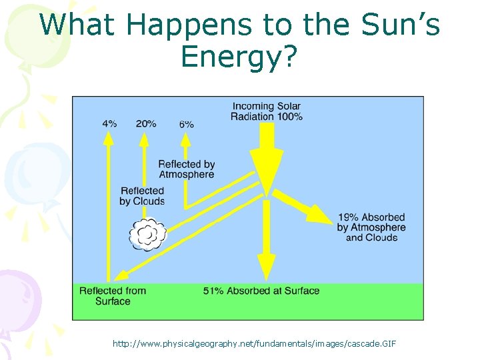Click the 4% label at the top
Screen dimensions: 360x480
[x=109, y=123]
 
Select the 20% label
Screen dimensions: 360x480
[x=146, y=123]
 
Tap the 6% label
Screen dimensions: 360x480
[x=186, y=124]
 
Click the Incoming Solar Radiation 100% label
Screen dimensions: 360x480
[x=267, y=111]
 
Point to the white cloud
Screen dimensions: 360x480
[x=147, y=234]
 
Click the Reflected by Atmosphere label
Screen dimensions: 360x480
[x=186, y=169]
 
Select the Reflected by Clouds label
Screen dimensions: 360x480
[x=142, y=196]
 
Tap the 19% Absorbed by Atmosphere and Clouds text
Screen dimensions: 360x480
[x=371, y=227]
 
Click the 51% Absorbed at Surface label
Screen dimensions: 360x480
[x=261, y=291]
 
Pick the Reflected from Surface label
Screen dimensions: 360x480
[x=112, y=296]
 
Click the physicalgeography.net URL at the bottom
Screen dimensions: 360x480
[x=254, y=343]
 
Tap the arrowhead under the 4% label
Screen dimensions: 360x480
[x=107, y=137]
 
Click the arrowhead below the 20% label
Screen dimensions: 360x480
[x=143, y=137]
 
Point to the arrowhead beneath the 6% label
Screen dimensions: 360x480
[x=185, y=138]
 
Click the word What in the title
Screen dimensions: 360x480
[x=79, y=25]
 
